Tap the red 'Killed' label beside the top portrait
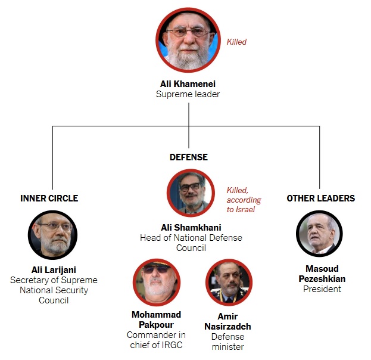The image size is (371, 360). coord(236,42)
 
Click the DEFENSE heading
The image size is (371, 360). coord(189,157)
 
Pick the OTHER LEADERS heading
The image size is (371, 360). coord(320,198)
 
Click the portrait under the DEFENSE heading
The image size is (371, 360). coord(190,193)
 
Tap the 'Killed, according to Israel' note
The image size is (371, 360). coord(244,200)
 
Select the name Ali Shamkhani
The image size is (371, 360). coord(191,228)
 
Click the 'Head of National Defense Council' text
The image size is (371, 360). coord(191,243)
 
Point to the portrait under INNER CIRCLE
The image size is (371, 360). coord(52,234)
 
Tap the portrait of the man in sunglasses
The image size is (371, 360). coord(156,282)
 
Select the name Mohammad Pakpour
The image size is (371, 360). coord(157,319)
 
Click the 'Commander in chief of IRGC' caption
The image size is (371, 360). coord(157,340)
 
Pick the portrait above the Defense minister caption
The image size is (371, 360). coord(229,282)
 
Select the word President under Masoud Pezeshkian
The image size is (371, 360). coord(322,289)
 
